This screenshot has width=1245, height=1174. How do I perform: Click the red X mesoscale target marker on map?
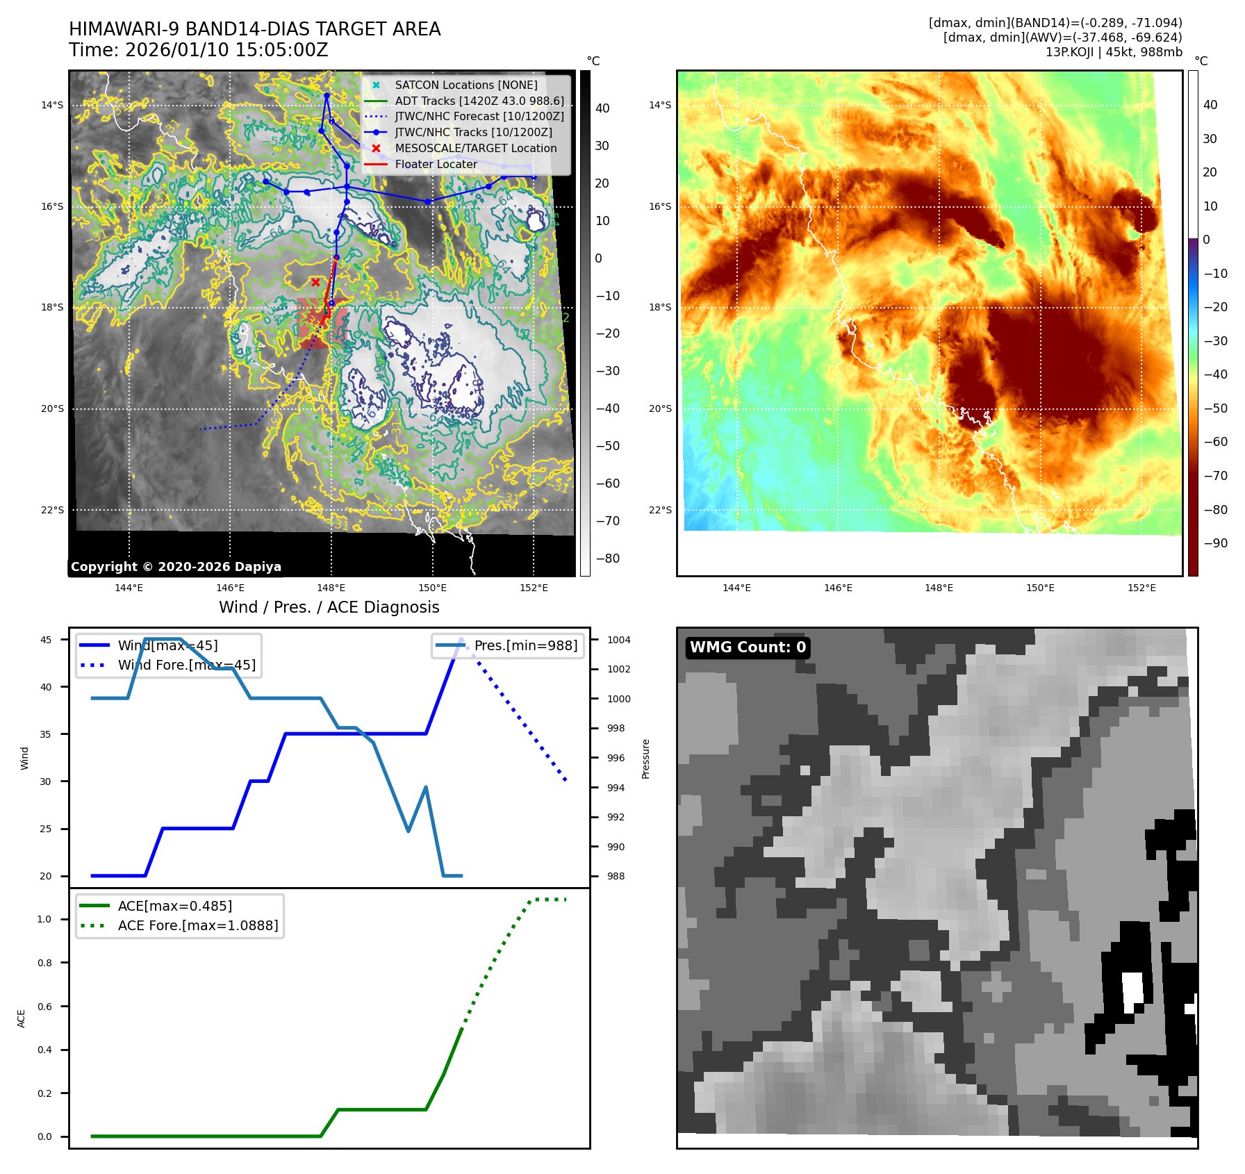[315, 282]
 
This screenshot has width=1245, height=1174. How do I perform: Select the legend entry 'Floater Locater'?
[436, 165]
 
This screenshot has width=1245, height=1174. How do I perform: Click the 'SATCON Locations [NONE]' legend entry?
[465, 85]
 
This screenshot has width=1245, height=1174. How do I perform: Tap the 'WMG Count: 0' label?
[748, 647]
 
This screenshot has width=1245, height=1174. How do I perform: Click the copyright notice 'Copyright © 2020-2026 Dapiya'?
[176, 567]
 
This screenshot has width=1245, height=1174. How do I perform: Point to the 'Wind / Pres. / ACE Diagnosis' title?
[329, 607]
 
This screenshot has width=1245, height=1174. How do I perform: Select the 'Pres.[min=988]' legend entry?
[525, 645]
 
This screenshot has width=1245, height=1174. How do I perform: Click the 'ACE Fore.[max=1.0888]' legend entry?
[197, 925]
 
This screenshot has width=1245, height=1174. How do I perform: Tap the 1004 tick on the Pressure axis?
[618, 640]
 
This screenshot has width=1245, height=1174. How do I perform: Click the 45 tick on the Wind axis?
[46, 640]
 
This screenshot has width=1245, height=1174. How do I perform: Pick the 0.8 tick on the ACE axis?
[44, 963]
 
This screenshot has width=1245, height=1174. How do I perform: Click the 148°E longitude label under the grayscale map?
[331, 588]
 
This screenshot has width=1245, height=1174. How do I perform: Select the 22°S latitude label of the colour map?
[660, 510]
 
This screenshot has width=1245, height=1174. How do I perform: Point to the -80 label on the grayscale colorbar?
[607, 559]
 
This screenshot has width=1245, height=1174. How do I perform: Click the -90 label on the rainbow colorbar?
[1215, 543]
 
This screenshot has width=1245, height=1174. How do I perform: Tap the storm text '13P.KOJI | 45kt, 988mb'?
[1113, 52]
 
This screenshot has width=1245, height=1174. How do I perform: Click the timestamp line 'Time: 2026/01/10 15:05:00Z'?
[198, 50]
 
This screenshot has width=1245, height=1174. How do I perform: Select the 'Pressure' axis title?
[645, 759]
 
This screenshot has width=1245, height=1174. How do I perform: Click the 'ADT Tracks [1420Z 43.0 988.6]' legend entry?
[479, 101]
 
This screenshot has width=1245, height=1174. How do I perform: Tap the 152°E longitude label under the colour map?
[1141, 588]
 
